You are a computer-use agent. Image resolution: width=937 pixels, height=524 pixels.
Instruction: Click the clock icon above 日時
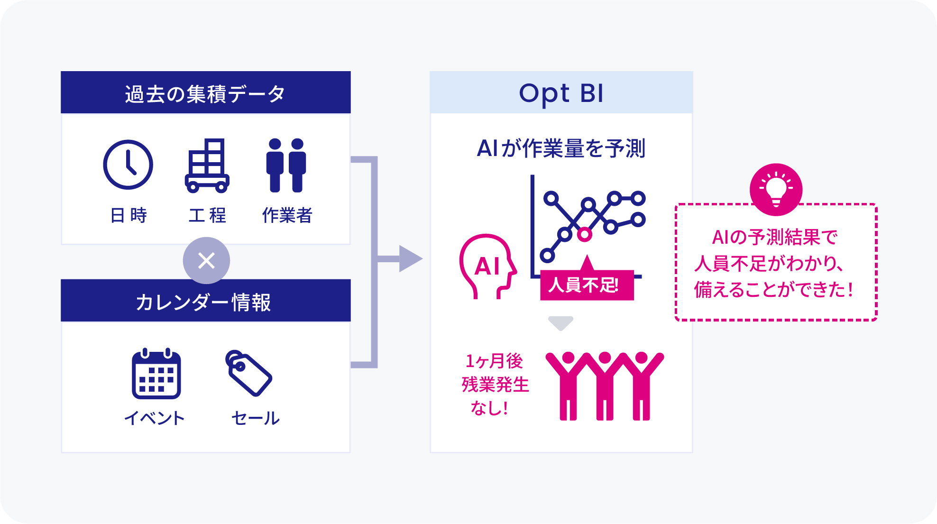click(x=128, y=165)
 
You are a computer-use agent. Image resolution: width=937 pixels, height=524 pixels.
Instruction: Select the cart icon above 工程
click(x=207, y=165)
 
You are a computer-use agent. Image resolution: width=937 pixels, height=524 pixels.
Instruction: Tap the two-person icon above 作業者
click(x=286, y=165)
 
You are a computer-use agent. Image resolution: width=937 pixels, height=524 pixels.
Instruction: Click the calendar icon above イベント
click(x=156, y=373)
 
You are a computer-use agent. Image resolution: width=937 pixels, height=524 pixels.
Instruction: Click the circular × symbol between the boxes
click(x=206, y=260)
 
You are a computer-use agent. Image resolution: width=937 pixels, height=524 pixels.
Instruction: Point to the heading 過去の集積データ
click(x=205, y=93)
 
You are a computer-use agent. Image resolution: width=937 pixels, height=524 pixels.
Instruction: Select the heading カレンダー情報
click(x=203, y=302)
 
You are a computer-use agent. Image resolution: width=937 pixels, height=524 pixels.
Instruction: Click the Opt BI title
click(x=561, y=93)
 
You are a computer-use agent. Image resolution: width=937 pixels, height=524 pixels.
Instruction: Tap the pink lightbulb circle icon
click(x=776, y=189)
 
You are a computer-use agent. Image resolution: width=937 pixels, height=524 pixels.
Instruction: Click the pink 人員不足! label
click(x=587, y=285)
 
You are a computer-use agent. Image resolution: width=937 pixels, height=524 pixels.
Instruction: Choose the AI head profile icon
click(x=487, y=266)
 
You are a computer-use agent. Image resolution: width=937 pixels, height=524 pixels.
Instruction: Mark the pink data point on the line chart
click(x=585, y=234)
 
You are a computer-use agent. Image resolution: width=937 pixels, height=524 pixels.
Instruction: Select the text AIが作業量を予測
click(x=561, y=148)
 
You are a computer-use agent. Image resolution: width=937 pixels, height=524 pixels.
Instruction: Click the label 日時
click(x=129, y=215)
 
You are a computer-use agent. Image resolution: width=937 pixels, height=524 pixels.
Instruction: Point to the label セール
click(x=255, y=418)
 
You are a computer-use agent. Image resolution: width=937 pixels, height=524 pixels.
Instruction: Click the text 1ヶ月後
click(x=494, y=361)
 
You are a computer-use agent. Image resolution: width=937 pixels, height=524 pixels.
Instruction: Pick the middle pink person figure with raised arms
click(x=605, y=386)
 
